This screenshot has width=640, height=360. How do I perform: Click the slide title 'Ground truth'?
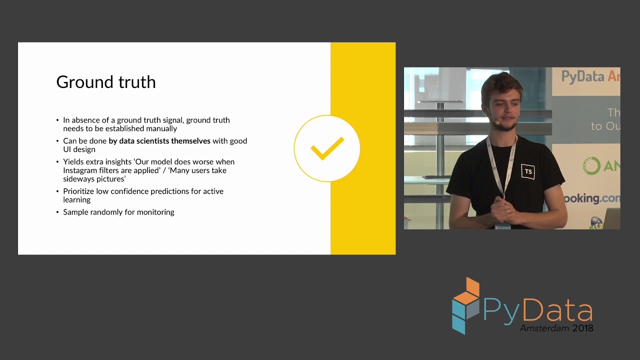pyautogui.click(x=106, y=82)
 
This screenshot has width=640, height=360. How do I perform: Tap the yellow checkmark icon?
pyautogui.click(x=327, y=148)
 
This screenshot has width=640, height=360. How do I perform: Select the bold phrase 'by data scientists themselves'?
pyautogui.click(x=159, y=141)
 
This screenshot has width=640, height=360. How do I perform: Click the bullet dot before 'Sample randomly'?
pyautogui.click(x=57, y=212)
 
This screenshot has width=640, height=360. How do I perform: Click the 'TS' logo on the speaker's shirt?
pyautogui.click(x=527, y=171)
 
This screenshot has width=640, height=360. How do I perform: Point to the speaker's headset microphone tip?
pyautogui.click(x=497, y=122)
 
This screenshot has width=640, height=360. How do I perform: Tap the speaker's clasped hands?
pyautogui.click(x=505, y=211)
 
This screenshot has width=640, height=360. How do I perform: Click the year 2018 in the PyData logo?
pyautogui.click(x=583, y=328)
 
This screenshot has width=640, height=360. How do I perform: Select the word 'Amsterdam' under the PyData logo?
pyautogui.click(x=544, y=328)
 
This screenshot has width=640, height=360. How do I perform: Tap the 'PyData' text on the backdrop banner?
pyautogui.click(x=583, y=77)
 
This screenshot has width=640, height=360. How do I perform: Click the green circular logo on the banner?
pyautogui.click(x=591, y=165)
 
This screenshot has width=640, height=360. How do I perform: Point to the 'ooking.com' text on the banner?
pyautogui.click(x=592, y=198)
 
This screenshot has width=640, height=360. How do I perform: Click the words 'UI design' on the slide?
pyautogui.click(x=79, y=149)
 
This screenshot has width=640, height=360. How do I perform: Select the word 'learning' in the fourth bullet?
pyautogui.click(x=77, y=200)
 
